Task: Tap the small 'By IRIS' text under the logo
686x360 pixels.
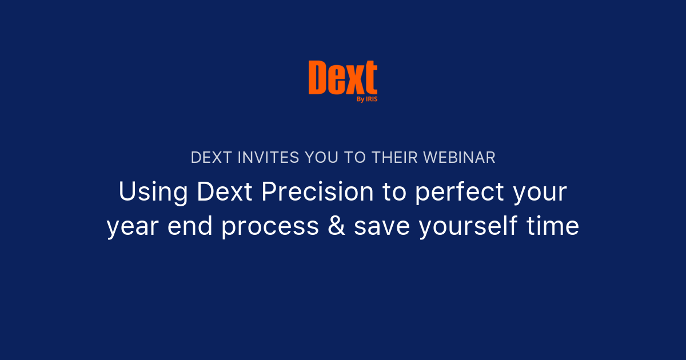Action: pyautogui.click(x=366, y=99)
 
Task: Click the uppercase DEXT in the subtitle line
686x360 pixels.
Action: pyautogui.click(x=210, y=158)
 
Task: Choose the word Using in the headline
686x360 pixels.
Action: pyautogui.click(x=153, y=192)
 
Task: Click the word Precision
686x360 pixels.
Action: pyautogui.click(x=317, y=192)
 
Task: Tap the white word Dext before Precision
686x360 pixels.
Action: pyautogui.click(x=224, y=192)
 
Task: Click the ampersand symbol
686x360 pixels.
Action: pyautogui.click(x=336, y=227)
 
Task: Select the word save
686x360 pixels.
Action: pyautogui.click(x=381, y=227)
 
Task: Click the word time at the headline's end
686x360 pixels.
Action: pyautogui.click(x=554, y=227)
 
